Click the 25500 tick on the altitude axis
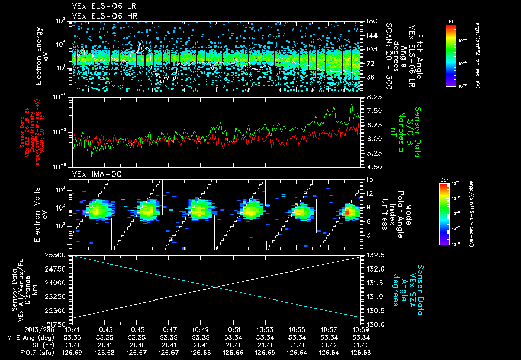(60, 254)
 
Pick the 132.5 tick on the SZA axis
(375, 254)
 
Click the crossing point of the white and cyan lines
(217, 287)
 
